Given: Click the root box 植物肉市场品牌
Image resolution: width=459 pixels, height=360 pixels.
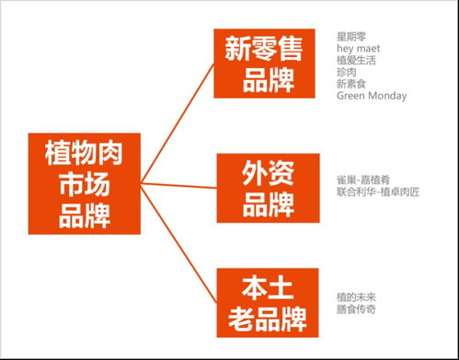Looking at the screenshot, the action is pos(84,184).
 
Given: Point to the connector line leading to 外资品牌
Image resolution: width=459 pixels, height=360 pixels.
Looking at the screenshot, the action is pos(179,186).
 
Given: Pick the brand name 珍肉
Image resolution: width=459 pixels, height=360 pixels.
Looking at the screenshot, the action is pos(346,72).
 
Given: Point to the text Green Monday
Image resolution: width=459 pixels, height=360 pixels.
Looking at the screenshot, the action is pos(371,96).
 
